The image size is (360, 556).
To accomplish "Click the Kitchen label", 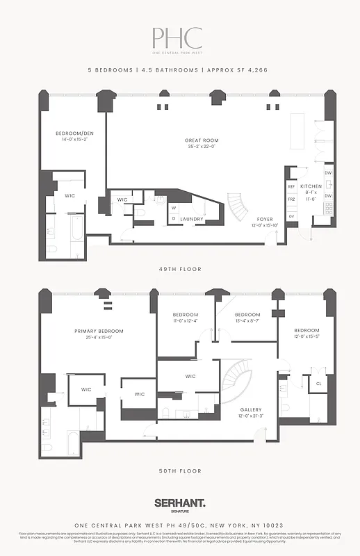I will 311,186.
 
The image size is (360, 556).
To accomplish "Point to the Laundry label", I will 191,219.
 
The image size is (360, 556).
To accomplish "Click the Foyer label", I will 265,219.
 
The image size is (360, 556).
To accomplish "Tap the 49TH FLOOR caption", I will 179,269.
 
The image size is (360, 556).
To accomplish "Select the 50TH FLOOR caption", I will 179,471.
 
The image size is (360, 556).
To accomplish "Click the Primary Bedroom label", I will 99,331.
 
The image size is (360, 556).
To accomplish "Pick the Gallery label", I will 251,409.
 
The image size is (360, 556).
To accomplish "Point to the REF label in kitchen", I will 291,186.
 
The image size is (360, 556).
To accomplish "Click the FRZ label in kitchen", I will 291,199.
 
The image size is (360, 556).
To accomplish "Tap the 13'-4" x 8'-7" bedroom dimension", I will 247,321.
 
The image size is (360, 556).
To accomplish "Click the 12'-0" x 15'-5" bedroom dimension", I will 306,336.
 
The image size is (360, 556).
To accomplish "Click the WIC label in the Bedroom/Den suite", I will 69,196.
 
